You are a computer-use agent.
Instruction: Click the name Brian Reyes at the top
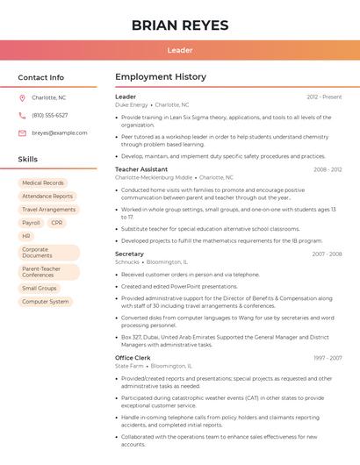(x=180, y=25)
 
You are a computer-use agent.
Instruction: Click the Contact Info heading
(x=40, y=77)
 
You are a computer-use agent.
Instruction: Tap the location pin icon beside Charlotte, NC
(x=22, y=97)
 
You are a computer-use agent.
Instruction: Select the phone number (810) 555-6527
(x=49, y=115)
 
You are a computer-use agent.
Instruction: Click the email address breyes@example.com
(x=59, y=132)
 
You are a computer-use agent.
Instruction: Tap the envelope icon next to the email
(x=22, y=132)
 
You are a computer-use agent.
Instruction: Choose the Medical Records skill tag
(x=43, y=182)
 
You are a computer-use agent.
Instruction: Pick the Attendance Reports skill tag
(x=47, y=197)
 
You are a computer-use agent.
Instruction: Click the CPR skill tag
(x=57, y=223)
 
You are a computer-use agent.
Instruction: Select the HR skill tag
(x=26, y=236)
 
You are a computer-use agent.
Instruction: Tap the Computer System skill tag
(x=45, y=302)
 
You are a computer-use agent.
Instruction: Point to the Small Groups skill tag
(x=40, y=288)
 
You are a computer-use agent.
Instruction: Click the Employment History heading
(x=161, y=77)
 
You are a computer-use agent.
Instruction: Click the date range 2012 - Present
(x=324, y=97)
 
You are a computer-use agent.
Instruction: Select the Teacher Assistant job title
(x=141, y=169)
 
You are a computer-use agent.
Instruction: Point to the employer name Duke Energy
(x=132, y=104)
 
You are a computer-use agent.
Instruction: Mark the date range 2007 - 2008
(x=327, y=254)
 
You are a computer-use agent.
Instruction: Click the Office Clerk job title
(x=133, y=358)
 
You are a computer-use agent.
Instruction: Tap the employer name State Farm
(x=128, y=366)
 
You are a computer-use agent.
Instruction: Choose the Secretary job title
(x=129, y=254)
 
